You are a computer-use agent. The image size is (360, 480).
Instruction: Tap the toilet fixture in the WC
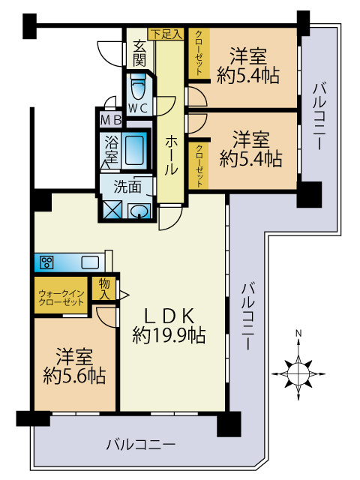[x=139, y=89]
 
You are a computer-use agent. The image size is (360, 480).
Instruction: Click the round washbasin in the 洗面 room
[x=139, y=211]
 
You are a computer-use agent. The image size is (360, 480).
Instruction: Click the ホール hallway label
[x=170, y=154]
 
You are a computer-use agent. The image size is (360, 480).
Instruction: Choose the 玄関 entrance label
[x=139, y=52]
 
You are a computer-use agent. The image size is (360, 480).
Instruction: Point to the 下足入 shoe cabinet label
[x=166, y=34]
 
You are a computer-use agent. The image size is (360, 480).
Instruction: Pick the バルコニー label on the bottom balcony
[x=140, y=444]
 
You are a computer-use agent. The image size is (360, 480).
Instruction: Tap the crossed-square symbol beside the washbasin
[x=113, y=210]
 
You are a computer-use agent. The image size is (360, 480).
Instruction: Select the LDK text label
[x=169, y=316]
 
